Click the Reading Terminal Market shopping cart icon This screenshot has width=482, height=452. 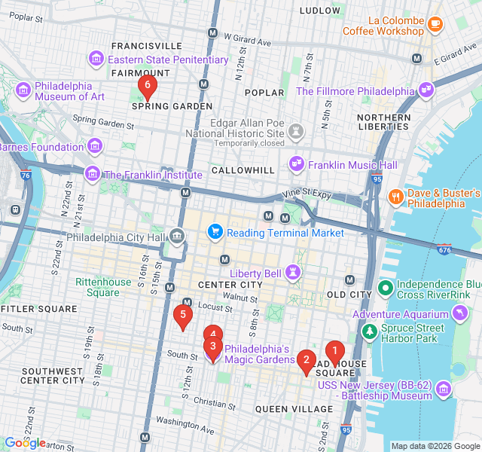pyautogui.click(x=215, y=233)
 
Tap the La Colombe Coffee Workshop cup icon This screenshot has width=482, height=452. pyautogui.click(x=435, y=24)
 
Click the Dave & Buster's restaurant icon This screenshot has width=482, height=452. pyautogui.click(x=395, y=197)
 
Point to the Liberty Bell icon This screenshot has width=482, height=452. pyautogui.click(x=293, y=271)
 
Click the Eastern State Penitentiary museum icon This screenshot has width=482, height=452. pyautogui.click(x=96, y=59)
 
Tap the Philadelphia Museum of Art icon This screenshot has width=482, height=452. pyautogui.click(x=23, y=91)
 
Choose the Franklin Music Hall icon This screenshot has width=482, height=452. pyautogui.click(x=297, y=164)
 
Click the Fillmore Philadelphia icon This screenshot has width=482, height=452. pyautogui.click(x=426, y=91)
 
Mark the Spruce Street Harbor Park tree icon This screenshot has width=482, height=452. pyautogui.click(x=369, y=332)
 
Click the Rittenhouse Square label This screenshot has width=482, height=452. pyautogui.click(x=97, y=287)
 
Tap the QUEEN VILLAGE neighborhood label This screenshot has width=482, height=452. pyautogui.click(x=294, y=409)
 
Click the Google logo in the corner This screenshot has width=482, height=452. pyautogui.click(x=25, y=443)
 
